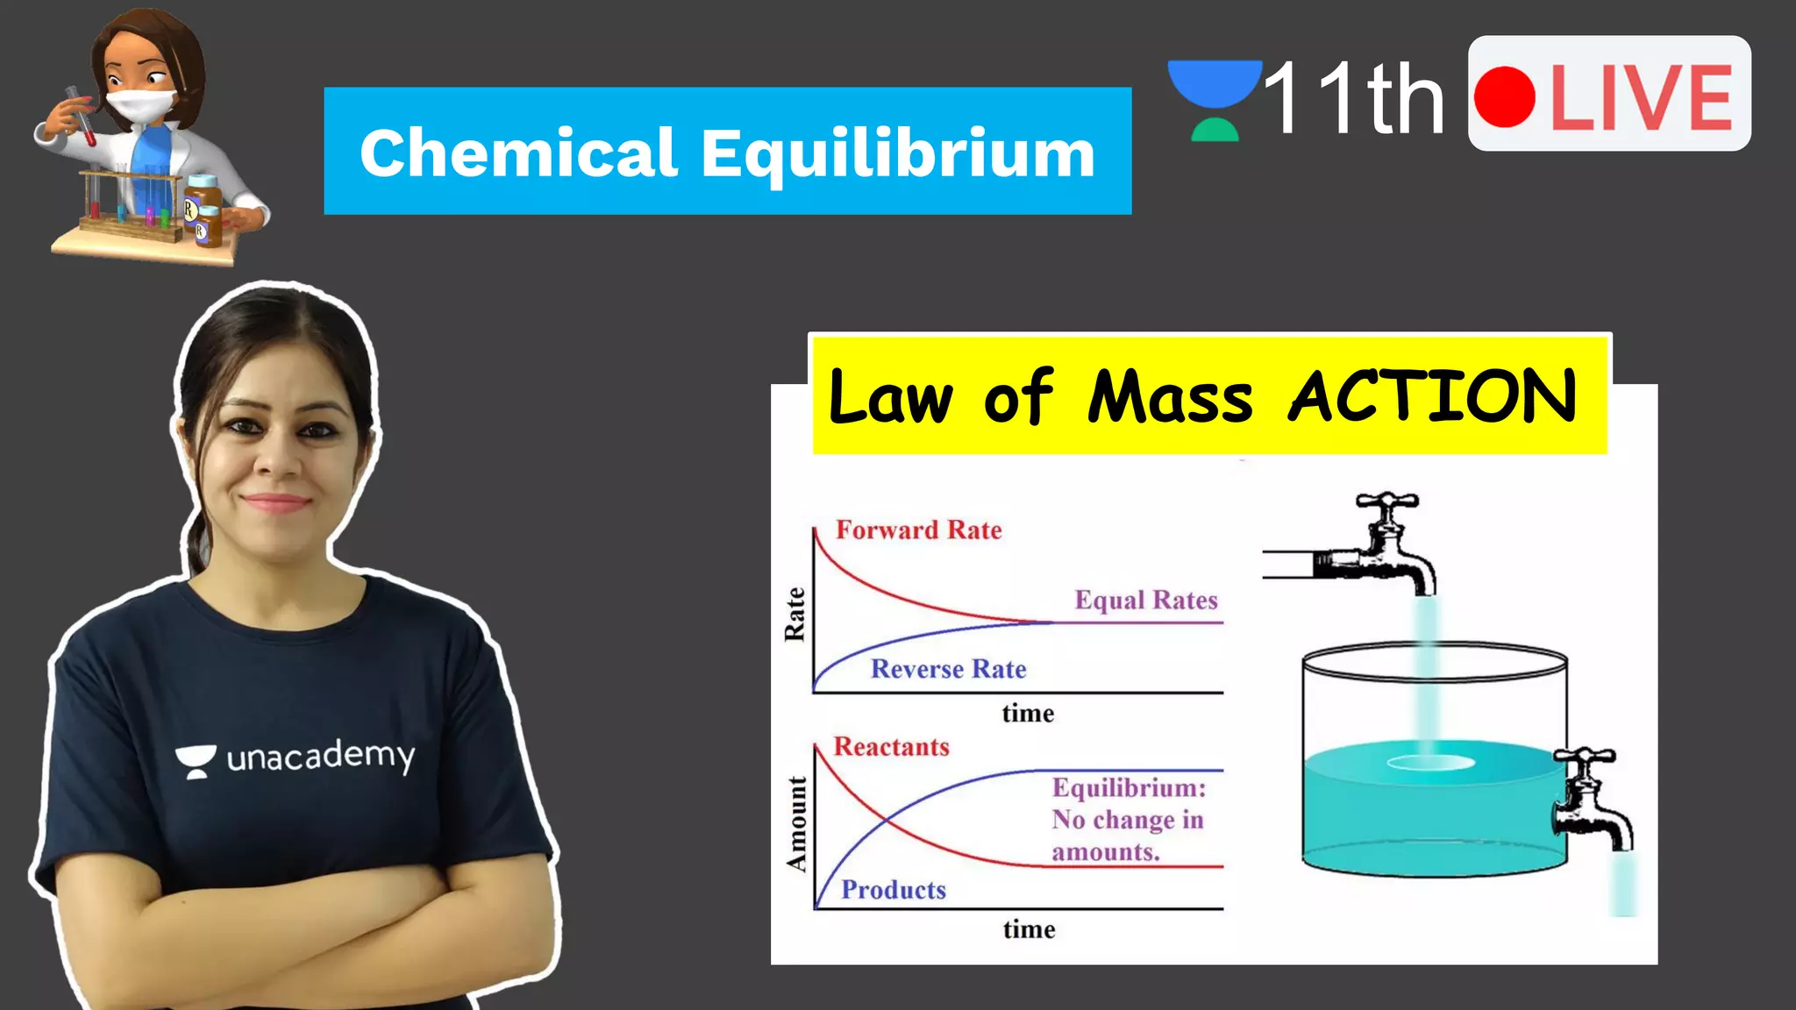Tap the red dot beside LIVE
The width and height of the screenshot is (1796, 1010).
[x=1505, y=96]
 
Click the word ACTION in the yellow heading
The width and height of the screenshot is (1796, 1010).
[x=1432, y=396]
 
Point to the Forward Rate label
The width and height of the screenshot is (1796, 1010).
[x=918, y=530]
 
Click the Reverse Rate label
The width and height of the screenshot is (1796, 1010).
[x=948, y=669]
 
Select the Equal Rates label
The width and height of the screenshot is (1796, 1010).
[x=1146, y=601]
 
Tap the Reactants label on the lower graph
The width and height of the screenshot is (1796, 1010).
[x=891, y=747]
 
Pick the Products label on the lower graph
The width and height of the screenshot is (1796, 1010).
[x=894, y=890]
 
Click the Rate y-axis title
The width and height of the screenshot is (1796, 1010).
[x=795, y=615]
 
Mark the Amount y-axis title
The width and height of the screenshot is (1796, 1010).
[x=796, y=824]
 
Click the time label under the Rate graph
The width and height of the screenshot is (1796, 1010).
[x=1028, y=714]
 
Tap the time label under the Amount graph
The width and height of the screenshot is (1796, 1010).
[x=1030, y=929]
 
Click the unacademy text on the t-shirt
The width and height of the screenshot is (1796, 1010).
[x=320, y=757]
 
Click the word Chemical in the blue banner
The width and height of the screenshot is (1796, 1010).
[x=518, y=154]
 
